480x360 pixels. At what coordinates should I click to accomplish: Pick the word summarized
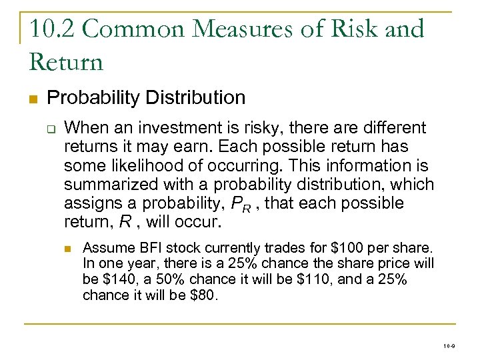tap(109, 184)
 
